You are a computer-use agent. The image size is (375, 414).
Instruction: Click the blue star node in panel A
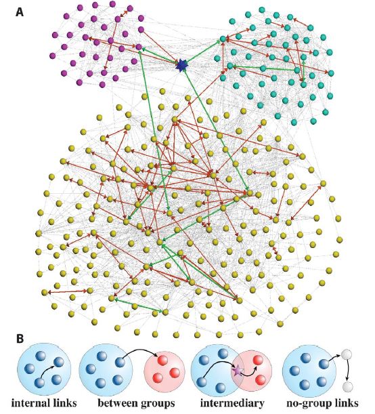(x=181, y=65)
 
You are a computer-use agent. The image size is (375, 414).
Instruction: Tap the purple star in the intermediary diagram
(x=236, y=370)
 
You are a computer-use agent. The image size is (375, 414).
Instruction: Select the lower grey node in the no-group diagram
(x=348, y=386)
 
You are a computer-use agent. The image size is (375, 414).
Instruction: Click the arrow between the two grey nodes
(x=354, y=371)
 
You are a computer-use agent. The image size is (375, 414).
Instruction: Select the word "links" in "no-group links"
(x=345, y=402)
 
